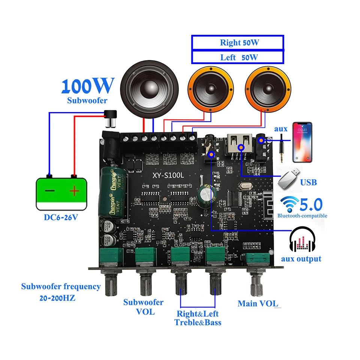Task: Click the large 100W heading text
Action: pyautogui.click(x=87, y=85)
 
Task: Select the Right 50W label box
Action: pyautogui.click(x=237, y=43)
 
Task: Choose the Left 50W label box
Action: pyautogui.click(x=237, y=57)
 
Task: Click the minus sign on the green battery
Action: pyautogui.click(x=50, y=190)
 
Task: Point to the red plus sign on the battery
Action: pyautogui.click(x=75, y=191)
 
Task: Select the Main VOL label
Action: pyautogui.click(x=258, y=304)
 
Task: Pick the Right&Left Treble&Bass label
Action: pyautogui.click(x=198, y=318)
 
